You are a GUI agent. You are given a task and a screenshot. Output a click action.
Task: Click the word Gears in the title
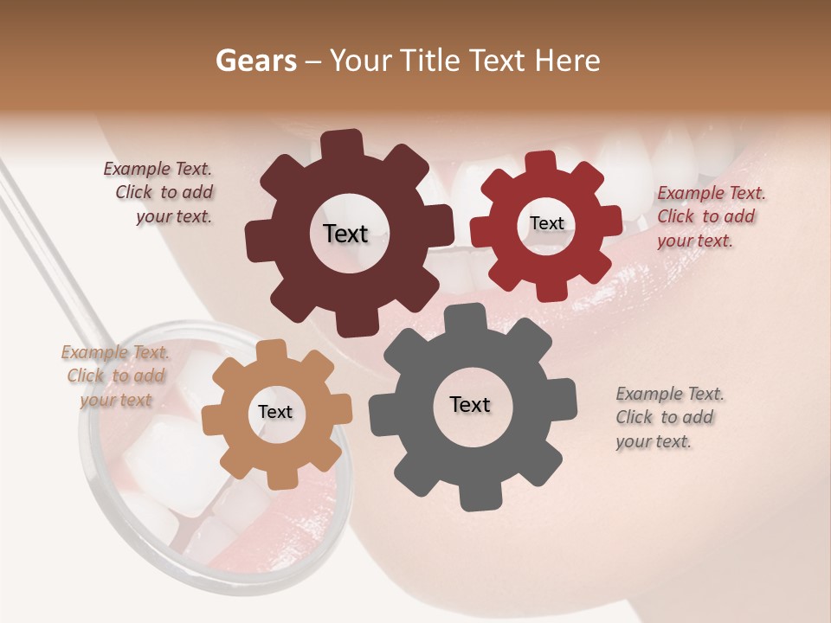coord(255,61)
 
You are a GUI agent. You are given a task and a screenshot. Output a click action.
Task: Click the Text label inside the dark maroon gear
coord(345,234)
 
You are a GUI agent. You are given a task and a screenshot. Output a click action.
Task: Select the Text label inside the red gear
coord(546,223)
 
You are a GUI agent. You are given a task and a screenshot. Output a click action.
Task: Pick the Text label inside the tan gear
coord(275,412)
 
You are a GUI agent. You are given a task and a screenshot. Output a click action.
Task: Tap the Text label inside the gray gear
coord(470,404)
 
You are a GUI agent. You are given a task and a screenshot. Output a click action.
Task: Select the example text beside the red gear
coord(711,216)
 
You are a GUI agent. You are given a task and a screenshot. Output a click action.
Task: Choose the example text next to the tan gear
coord(115,376)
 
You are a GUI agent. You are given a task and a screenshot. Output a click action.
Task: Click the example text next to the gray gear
coord(669,417)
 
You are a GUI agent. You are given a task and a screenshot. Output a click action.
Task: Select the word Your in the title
coord(361,61)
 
